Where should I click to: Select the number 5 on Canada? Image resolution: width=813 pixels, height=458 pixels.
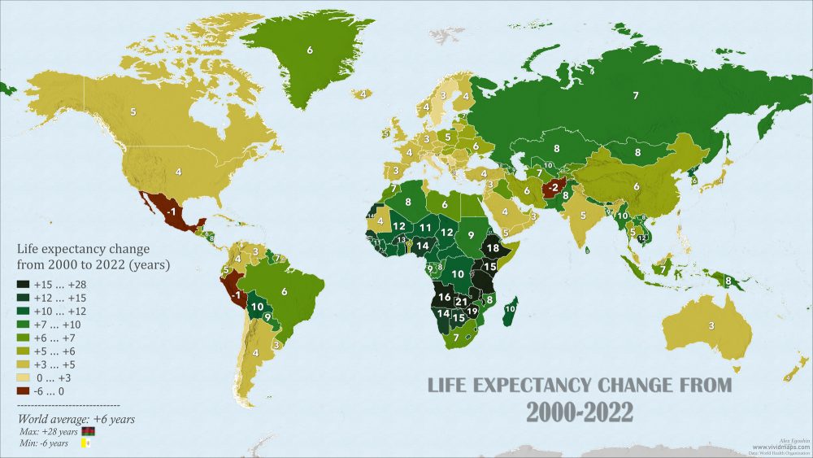coord(133,110)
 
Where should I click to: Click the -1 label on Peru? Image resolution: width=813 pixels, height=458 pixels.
coord(237,295)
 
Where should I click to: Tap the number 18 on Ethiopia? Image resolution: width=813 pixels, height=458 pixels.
coord(491,247)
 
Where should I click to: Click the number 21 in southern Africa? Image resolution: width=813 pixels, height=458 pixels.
coord(461,303)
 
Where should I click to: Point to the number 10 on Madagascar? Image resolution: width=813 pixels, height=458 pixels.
coord(511,308)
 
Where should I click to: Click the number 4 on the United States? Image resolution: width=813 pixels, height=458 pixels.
coord(178,172)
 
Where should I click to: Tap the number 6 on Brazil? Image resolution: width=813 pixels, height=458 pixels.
coord(285,291)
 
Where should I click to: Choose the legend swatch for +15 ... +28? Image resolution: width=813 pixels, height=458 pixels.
coord(24,285)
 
